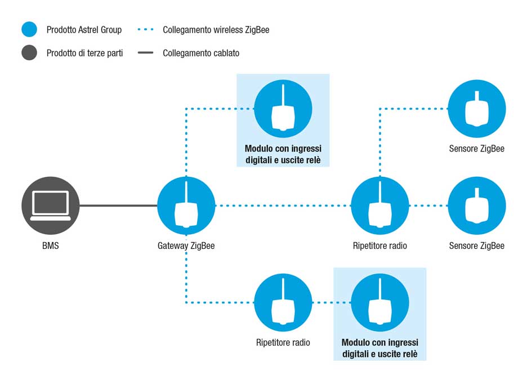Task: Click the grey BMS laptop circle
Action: [x=51, y=205]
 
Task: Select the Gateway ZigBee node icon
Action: [x=186, y=205]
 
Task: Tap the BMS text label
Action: [x=51, y=245]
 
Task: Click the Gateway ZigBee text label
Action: [x=186, y=246]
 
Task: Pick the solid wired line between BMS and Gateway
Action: [x=118, y=205]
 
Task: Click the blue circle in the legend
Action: [x=29, y=29]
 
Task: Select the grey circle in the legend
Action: [x=29, y=52]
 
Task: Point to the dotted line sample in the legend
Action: [x=145, y=30]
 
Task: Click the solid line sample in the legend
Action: [x=145, y=52]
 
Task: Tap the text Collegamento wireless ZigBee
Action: [x=216, y=30]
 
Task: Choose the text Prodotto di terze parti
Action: [x=84, y=53]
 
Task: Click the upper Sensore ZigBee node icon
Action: [x=476, y=109]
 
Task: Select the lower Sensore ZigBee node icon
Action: [x=476, y=205]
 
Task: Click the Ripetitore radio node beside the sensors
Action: [x=380, y=205]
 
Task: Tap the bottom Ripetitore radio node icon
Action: [x=283, y=302]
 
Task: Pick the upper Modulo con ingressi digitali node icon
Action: [x=283, y=109]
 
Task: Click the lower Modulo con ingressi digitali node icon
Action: [x=380, y=302]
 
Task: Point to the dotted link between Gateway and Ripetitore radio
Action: [x=283, y=205]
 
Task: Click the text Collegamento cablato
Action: [x=201, y=53]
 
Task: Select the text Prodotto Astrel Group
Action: [x=84, y=30]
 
